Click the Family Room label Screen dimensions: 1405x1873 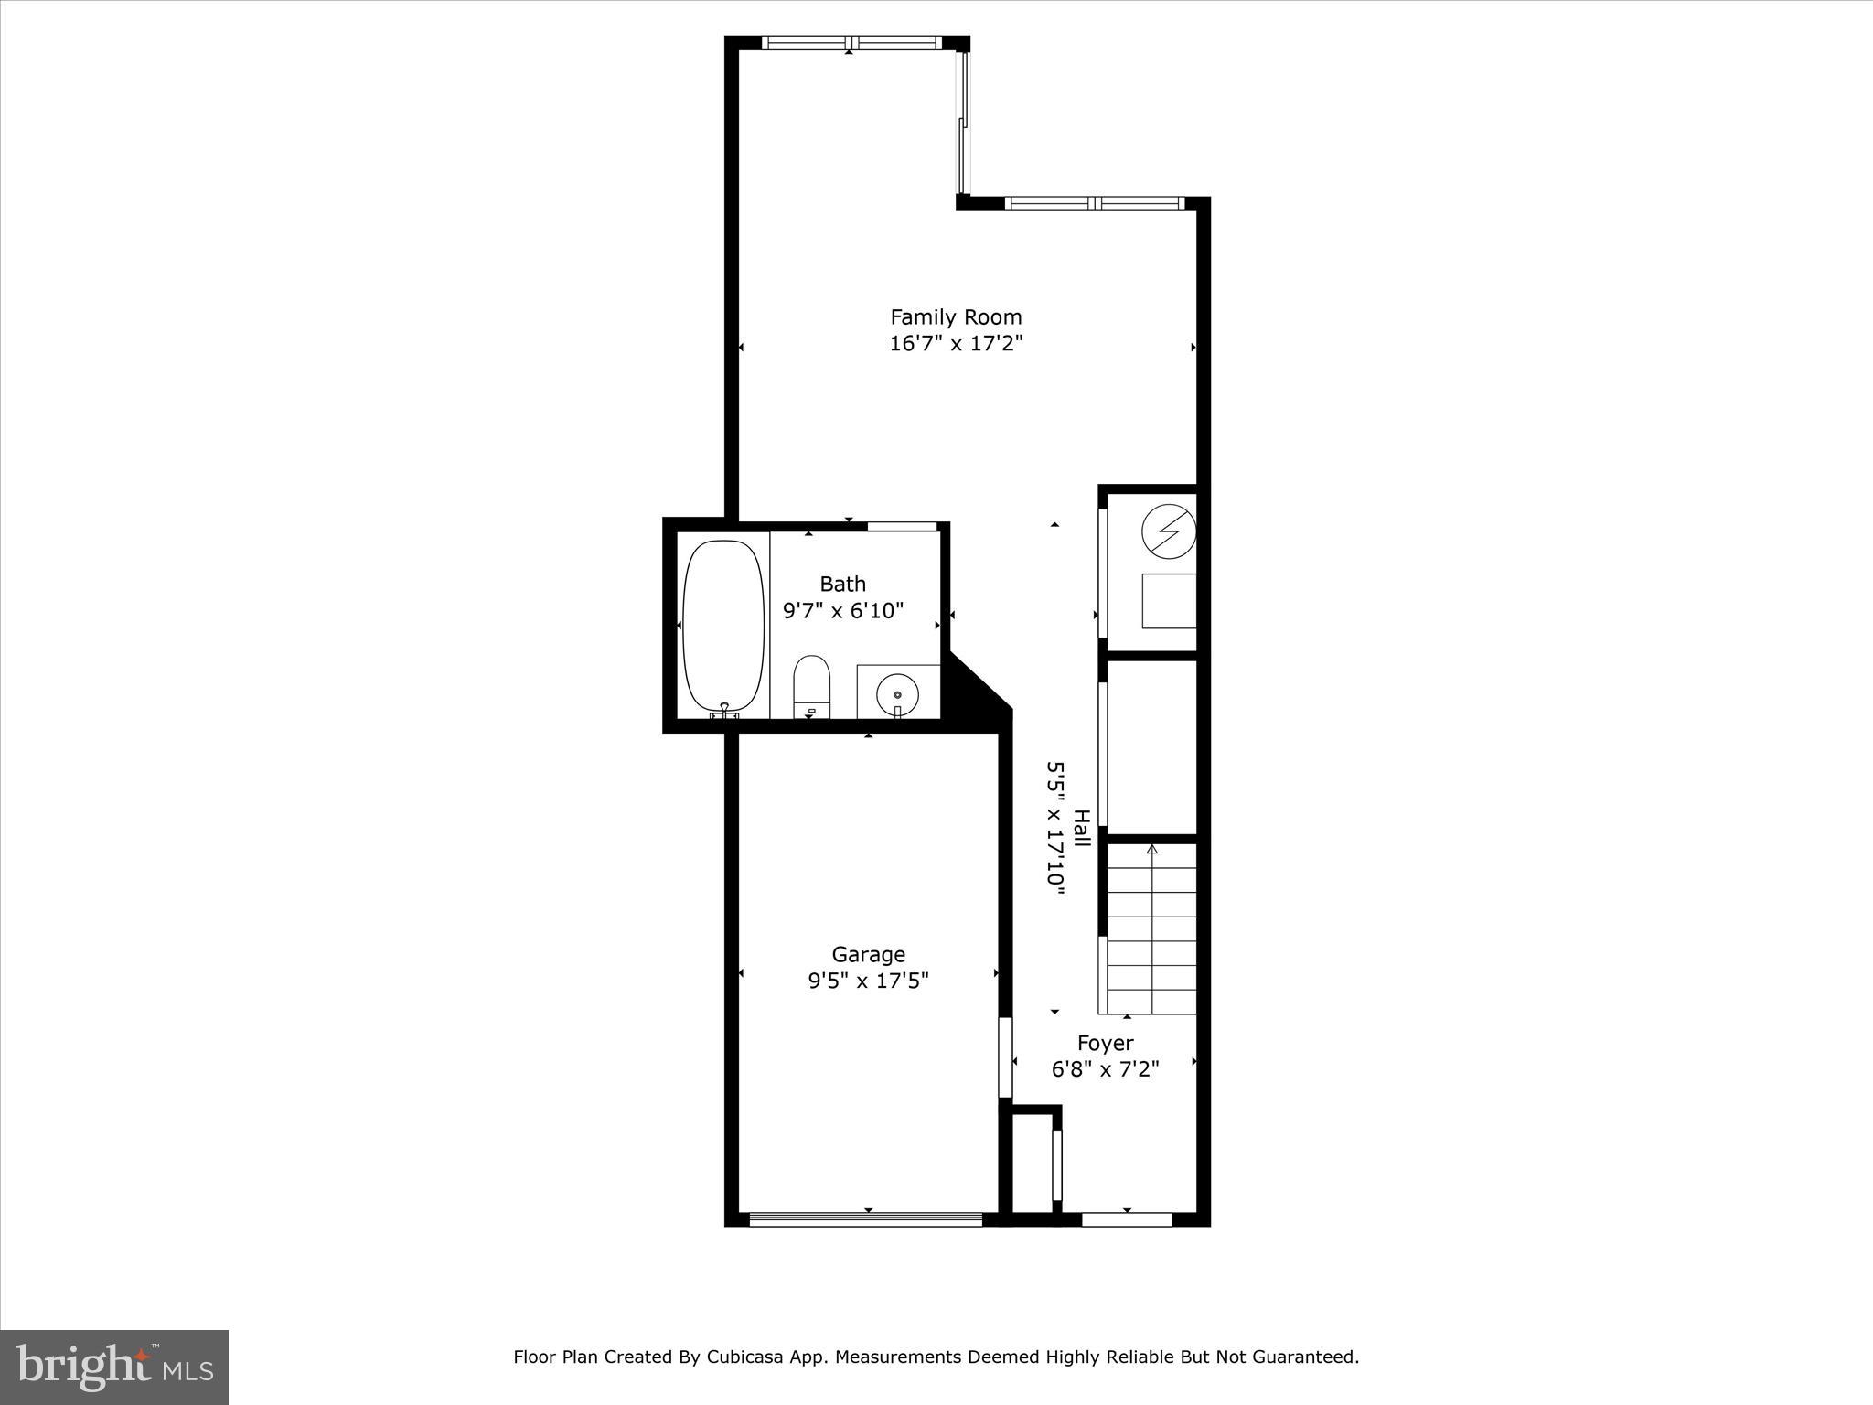tap(956, 317)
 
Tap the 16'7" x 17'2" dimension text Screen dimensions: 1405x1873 tap(956, 344)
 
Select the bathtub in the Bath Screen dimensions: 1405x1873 tap(723, 627)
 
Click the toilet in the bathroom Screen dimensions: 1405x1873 tap(810, 686)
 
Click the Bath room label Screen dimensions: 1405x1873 tap(842, 584)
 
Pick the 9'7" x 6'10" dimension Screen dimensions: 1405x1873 tap(842, 610)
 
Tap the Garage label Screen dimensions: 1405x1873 tap(868, 954)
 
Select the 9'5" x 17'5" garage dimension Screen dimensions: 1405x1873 tap(868, 981)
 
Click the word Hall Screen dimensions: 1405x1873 tap(1081, 828)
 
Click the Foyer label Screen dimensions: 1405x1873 tap(1105, 1043)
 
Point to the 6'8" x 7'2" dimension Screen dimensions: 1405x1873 tap(1105, 1069)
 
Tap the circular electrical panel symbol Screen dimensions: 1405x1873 tap(1169, 531)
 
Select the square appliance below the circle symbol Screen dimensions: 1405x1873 tap(1169, 601)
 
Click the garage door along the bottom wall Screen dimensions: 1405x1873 tap(865, 1218)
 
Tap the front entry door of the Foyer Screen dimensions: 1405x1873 tap(1127, 1218)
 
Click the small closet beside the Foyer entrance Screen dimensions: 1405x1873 tap(1032, 1164)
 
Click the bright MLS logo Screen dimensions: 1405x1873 tap(114, 1367)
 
